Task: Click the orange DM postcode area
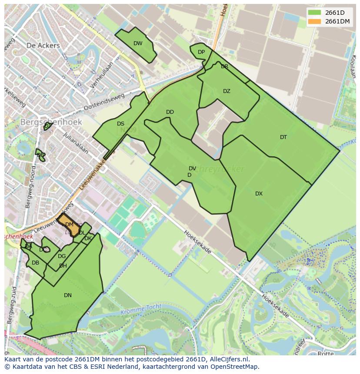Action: point(69,225)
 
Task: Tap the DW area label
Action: point(138,43)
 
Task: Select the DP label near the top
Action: point(201,52)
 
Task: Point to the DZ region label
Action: point(227,91)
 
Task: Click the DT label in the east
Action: point(283,137)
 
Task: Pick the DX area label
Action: point(259,194)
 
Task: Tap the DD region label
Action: point(170,112)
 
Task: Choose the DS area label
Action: point(120,124)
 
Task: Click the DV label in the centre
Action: point(192,169)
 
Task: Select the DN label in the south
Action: point(68,295)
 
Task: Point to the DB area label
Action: point(36,263)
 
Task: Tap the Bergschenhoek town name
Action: point(51,122)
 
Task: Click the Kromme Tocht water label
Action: point(141,309)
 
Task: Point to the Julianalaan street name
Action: point(75,144)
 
